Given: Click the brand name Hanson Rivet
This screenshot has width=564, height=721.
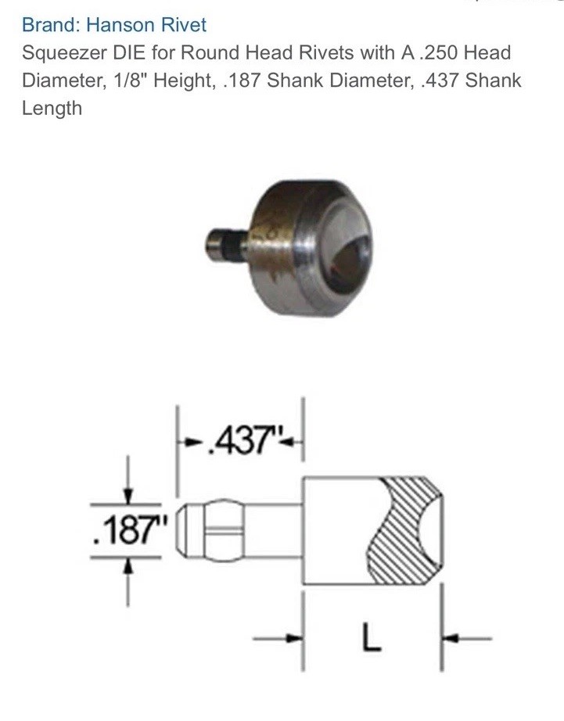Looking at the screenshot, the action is click(146, 24).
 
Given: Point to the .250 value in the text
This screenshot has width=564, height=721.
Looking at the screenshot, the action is click(439, 52).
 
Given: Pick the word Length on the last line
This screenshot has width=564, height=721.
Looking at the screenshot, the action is click(52, 109).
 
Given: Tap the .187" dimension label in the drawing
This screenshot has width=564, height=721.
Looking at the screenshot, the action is click(130, 530).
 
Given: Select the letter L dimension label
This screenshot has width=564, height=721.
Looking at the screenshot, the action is click(371, 637).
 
